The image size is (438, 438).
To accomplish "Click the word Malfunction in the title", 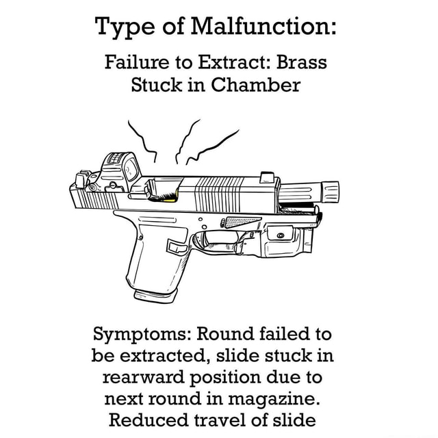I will [263, 30].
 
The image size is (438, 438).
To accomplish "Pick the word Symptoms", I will [142, 335].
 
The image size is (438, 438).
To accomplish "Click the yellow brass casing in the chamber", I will [174, 197].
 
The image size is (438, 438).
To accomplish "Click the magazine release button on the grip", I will [176, 247].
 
